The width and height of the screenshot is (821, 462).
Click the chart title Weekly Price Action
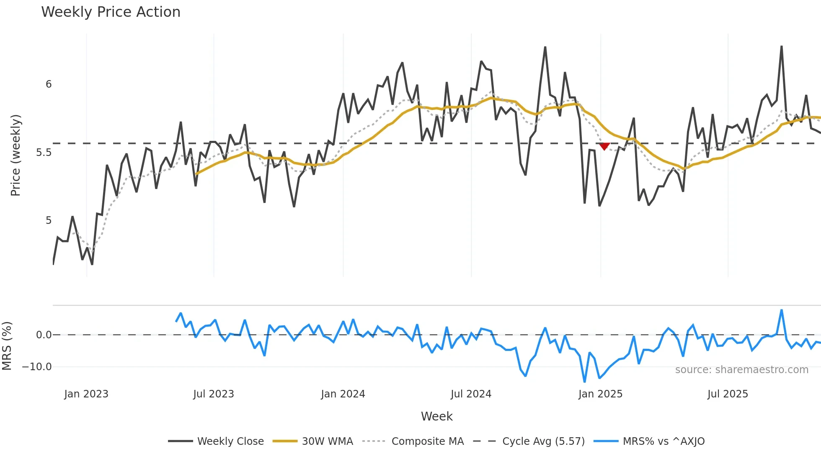111,12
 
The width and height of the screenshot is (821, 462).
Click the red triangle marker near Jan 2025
604,146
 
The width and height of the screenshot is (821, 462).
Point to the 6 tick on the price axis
49,84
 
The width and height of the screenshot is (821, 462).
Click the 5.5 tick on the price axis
44,153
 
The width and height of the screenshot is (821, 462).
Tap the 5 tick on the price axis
49,221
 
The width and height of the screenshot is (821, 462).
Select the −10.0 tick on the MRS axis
37,367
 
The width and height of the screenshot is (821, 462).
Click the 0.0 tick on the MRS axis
44,335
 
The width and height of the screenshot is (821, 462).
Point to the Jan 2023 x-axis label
86,394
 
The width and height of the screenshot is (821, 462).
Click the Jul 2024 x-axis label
471,394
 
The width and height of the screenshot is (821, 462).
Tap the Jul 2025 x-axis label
728,394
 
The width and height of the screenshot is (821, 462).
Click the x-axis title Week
436,416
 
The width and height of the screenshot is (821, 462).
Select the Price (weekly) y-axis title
15,155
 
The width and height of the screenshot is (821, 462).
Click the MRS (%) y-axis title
7,346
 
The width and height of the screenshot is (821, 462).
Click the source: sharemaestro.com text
741,370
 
